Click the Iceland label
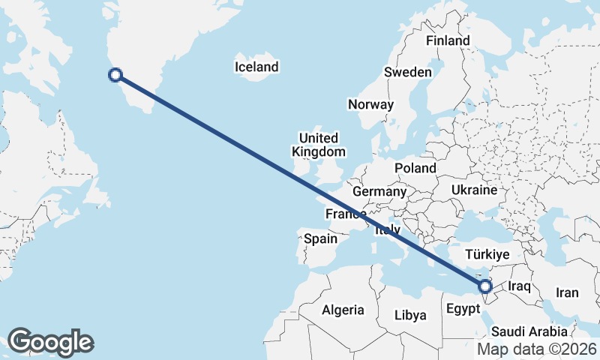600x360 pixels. [x=256, y=67]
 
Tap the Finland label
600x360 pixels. [x=447, y=40]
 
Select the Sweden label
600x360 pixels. [x=407, y=73]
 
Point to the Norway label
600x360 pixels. [x=370, y=105]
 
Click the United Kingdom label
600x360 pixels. [x=318, y=145]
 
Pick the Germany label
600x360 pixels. [x=379, y=192]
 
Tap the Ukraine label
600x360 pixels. [x=474, y=190]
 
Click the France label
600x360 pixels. [x=345, y=214]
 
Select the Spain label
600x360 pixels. [x=320, y=239]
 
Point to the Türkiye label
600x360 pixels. [x=487, y=254]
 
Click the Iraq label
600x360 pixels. [x=520, y=286]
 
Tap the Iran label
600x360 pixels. [x=567, y=292]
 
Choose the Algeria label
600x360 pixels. [x=343, y=310]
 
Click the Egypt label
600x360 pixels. [x=463, y=309]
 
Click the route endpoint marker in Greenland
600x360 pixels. [x=115, y=74]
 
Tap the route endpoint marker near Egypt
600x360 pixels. [x=485, y=286]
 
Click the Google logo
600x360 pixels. [x=50, y=342]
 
